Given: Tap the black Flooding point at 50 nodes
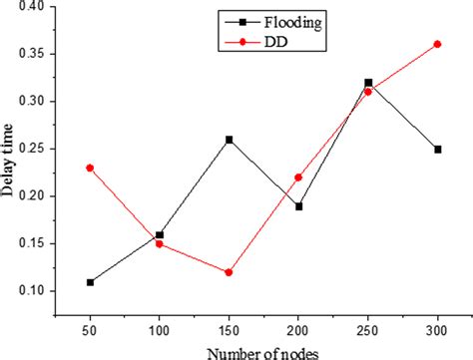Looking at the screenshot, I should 90,282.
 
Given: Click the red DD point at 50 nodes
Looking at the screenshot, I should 90,168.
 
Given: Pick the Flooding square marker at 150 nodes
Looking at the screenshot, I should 229,140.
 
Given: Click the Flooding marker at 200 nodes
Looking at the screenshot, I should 298,206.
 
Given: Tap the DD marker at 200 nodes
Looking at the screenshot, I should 298,178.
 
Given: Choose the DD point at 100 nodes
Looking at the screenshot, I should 160,243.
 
